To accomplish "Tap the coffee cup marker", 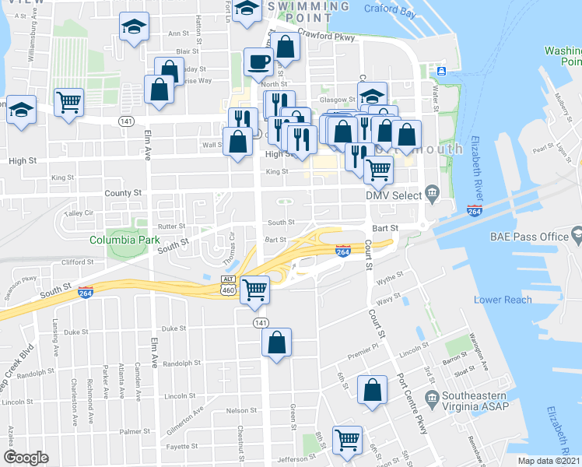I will pos(258,62).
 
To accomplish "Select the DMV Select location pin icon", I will pos(433,195).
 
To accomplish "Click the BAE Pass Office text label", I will pos(531,235).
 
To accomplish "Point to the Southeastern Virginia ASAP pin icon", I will pos(433,399).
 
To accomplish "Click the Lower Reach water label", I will pos(503,300).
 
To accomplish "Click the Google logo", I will pos(26,458).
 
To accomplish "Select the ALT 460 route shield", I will pos(228,285).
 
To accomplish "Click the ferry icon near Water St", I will pos(441,72).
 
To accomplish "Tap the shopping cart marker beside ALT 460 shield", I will pos(255,290).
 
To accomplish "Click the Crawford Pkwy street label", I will pos(325,36).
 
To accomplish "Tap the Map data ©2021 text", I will pos(549,461).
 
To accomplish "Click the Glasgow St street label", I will pos(339,100).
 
